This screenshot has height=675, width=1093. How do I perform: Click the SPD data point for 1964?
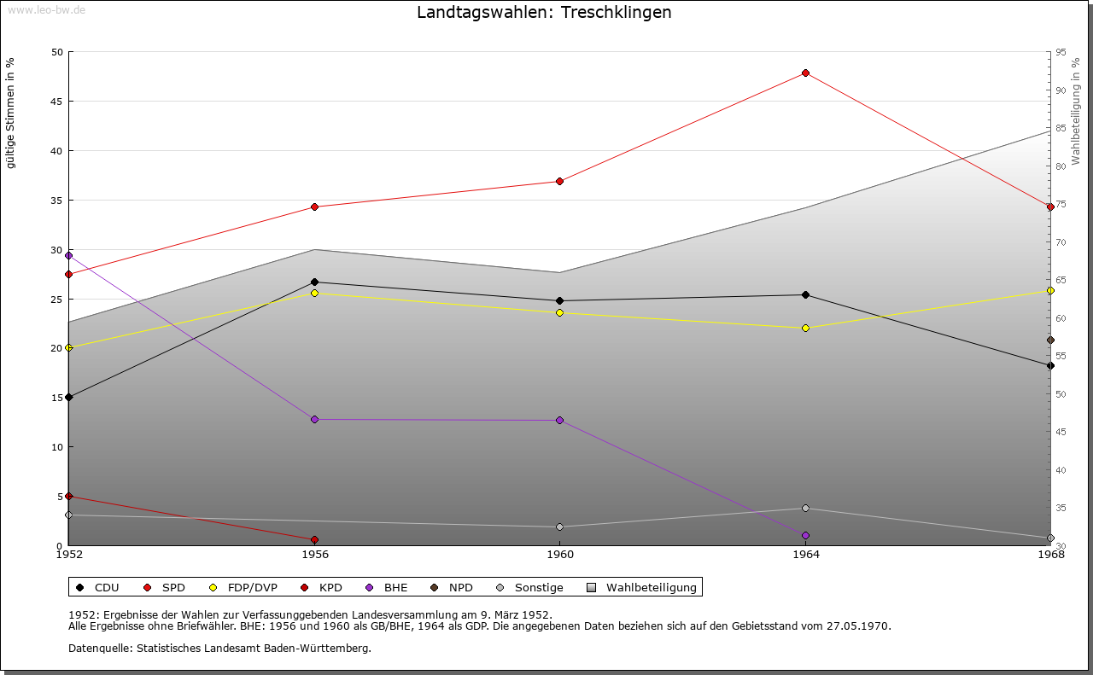tap(805, 73)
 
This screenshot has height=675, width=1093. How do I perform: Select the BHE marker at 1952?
tap(69, 255)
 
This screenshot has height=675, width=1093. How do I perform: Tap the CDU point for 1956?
tap(315, 282)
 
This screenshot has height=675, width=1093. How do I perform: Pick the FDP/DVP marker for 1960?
tap(559, 312)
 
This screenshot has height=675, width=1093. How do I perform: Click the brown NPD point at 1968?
tap(1050, 340)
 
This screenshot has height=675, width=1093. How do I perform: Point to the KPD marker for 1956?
tap(315, 540)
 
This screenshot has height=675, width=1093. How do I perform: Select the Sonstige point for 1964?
tap(805, 509)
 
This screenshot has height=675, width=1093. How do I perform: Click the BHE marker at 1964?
tap(805, 536)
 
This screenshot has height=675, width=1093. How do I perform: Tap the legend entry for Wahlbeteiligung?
tap(641, 588)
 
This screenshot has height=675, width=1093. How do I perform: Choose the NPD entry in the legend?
tap(452, 588)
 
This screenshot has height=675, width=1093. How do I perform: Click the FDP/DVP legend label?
tap(252, 588)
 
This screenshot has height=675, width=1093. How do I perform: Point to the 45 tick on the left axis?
tap(57, 102)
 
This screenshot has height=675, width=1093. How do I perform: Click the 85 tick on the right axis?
tap(1061, 128)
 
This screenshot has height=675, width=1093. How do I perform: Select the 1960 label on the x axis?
tap(560, 555)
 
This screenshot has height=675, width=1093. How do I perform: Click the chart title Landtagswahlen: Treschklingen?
tap(544, 12)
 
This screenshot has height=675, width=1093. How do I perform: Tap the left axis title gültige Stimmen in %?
tap(10, 113)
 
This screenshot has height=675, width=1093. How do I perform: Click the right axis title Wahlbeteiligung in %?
tap(1075, 112)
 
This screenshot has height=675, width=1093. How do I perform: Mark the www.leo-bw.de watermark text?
tap(46, 9)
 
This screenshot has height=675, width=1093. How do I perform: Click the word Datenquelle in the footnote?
tap(100, 649)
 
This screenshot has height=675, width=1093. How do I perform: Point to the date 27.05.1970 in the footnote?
tap(858, 626)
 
